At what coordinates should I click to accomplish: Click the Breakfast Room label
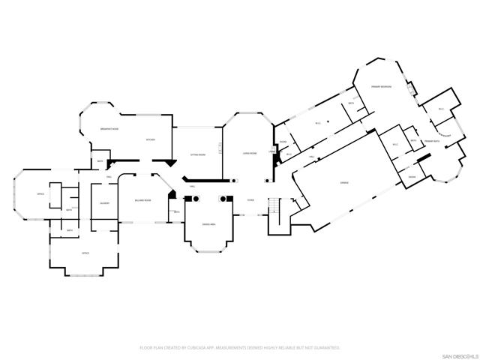pos(111,130)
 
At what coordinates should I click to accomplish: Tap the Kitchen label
pos(150,139)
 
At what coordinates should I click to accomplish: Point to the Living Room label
pos(250,154)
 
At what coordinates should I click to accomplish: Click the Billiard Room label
pos(142,200)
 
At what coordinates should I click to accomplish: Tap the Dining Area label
pos(208,224)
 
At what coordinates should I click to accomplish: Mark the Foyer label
pos(251,200)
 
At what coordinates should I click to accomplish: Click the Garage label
pos(344,183)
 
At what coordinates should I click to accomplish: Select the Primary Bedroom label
pos(382,88)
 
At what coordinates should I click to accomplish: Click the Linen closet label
pos(273,151)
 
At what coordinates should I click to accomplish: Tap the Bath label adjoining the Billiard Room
pos(176,212)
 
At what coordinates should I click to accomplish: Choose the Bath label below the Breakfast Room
pos(100,161)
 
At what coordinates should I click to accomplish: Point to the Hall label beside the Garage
pos(311,157)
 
